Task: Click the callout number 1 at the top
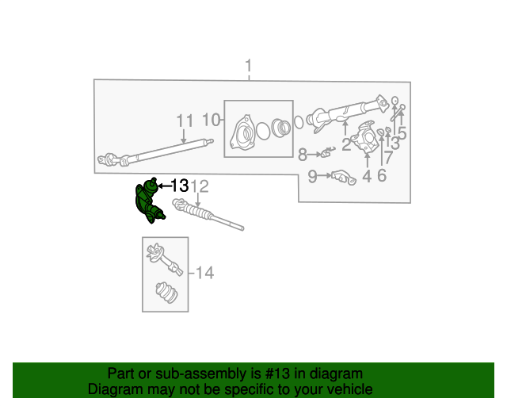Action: pyautogui.click(x=248, y=65)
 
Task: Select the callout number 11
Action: pyautogui.click(x=185, y=121)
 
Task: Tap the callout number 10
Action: pyautogui.click(x=211, y=121)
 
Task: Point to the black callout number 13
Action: pyautogui.click(x=180, y=186)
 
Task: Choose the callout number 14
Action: pyautogui.click(x=204, y=274)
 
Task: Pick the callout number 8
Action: pyautogui.click(x=303, y=154)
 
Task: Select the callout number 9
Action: pyautogui.click(x=312, y=176)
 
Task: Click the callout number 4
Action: pyautogui.click(x=367, y=176)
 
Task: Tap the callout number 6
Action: pyautogui.click(x=381, y=176)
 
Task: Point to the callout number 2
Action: pyautogui.click(x=346, y=145)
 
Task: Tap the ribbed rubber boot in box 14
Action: pyautogui.click(x=166, y=293)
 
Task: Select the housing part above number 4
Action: pyautogui.click(x=367, y=138)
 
